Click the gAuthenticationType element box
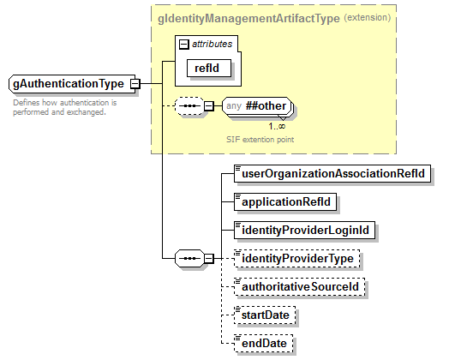click(68, 84)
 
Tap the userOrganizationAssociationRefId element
click(332, 174)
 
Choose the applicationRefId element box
click(285, 202)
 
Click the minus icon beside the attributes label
click(183, 43)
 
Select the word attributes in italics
click(211, 43)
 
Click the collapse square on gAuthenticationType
click(135, 84)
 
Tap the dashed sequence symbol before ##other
click(186, 106)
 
